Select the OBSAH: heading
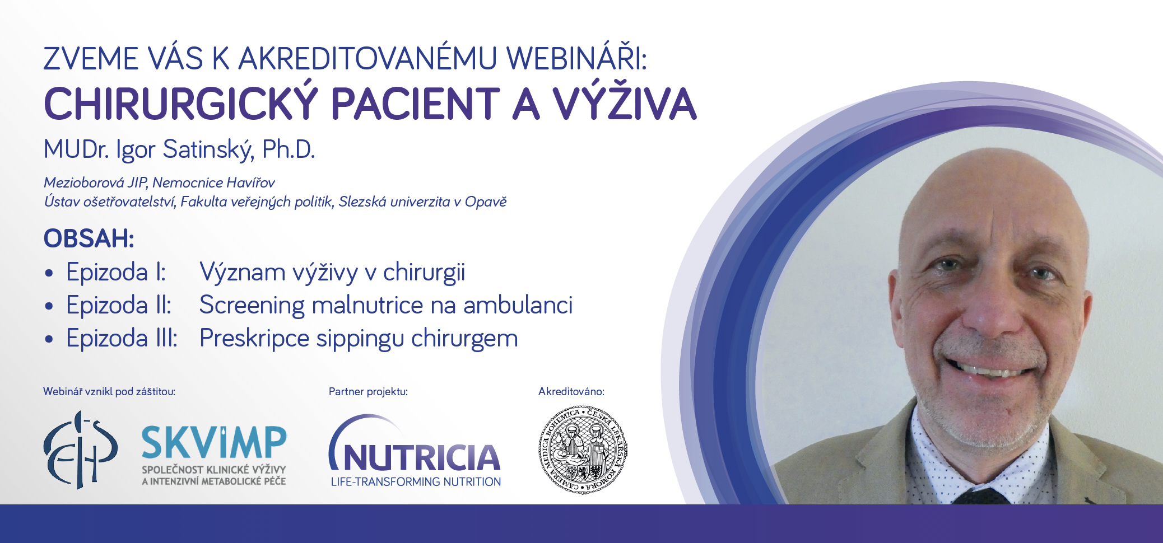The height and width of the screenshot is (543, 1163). pos(89,238)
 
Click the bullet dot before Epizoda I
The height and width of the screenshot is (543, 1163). pos(49,274)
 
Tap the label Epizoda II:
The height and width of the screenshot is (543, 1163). pos(119,305)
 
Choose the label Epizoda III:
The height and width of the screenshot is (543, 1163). pos(122,338)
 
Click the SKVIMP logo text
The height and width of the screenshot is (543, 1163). pos(214,442)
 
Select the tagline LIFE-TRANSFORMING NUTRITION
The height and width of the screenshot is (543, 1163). pos(416,481)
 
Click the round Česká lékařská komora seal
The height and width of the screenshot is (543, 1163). pos(583,450)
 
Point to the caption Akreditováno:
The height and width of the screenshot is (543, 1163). pos(571,391)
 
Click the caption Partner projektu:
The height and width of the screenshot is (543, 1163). pos(368,391)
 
